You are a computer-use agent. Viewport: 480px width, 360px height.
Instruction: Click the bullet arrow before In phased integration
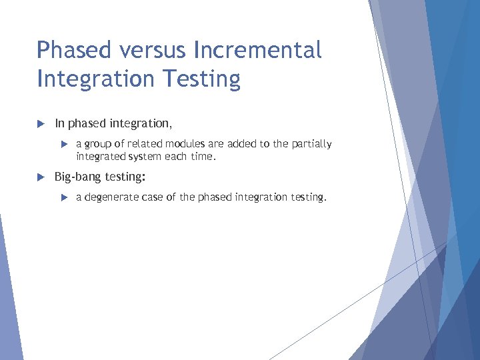pos(40,123)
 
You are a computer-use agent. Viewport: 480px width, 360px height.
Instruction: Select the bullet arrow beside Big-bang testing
pos(40,177)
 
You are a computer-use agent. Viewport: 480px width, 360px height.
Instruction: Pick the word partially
pos(309,144)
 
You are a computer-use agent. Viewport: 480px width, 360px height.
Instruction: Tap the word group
pos(97,144)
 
